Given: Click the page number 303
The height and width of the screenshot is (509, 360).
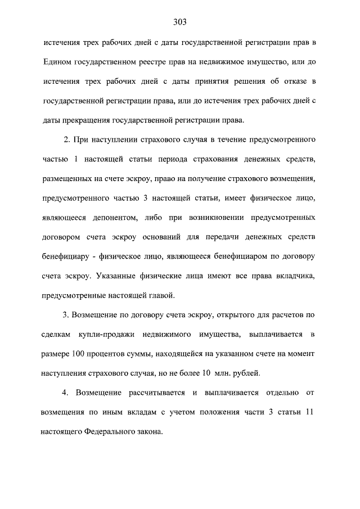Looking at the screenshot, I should [x=180, y=22].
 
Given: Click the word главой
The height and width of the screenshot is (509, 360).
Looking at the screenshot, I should [x=163, y=295].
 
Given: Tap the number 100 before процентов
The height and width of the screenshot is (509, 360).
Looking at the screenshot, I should [x=79, y=354].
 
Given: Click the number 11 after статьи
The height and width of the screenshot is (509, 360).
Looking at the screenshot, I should [x=307, y=412].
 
